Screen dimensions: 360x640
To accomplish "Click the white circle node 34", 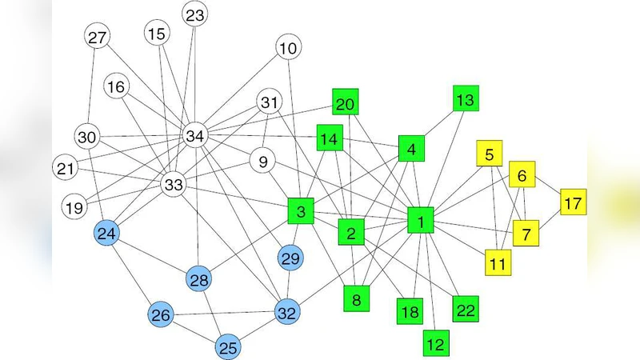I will point(194,136).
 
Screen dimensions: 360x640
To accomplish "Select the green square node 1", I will point(420,220).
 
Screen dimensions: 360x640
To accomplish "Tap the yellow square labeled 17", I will point(573,202).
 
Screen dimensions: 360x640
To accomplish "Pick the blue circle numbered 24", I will point(107,234).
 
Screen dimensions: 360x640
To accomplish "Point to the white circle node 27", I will point(97,37).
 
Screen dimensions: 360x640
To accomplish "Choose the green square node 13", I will point(465,100).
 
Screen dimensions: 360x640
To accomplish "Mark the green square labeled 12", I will point(435,343).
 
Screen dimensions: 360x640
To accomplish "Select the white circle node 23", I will point(195,14).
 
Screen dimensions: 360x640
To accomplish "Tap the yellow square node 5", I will point(490,152).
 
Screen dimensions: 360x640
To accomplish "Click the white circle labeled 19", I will point(74,208).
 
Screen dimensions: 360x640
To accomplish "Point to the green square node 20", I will point(345,104).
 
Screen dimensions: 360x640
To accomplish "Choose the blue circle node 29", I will point(290,258).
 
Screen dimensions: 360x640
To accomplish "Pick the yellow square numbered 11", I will point(498,262).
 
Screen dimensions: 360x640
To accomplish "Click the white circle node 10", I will point(288,48).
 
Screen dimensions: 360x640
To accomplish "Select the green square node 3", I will point(300,212).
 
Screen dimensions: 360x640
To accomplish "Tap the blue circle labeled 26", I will point(161,315).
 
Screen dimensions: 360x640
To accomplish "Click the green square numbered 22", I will point(465,309).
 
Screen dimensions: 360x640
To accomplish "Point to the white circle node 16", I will point(117,86).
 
